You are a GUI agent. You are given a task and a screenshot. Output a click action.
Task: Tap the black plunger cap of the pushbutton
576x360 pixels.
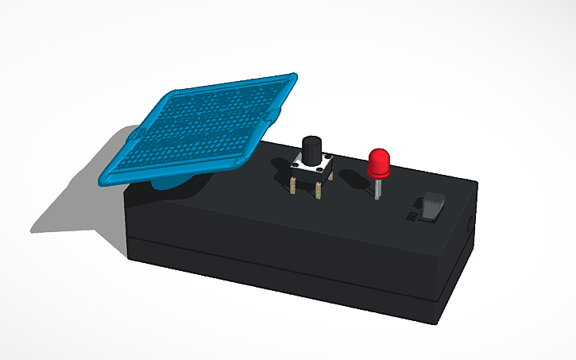point(311,149)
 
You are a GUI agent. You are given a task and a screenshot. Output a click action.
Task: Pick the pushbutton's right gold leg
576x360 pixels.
point(318,191)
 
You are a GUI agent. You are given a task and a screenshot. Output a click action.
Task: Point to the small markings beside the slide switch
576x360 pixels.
point(412,216)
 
